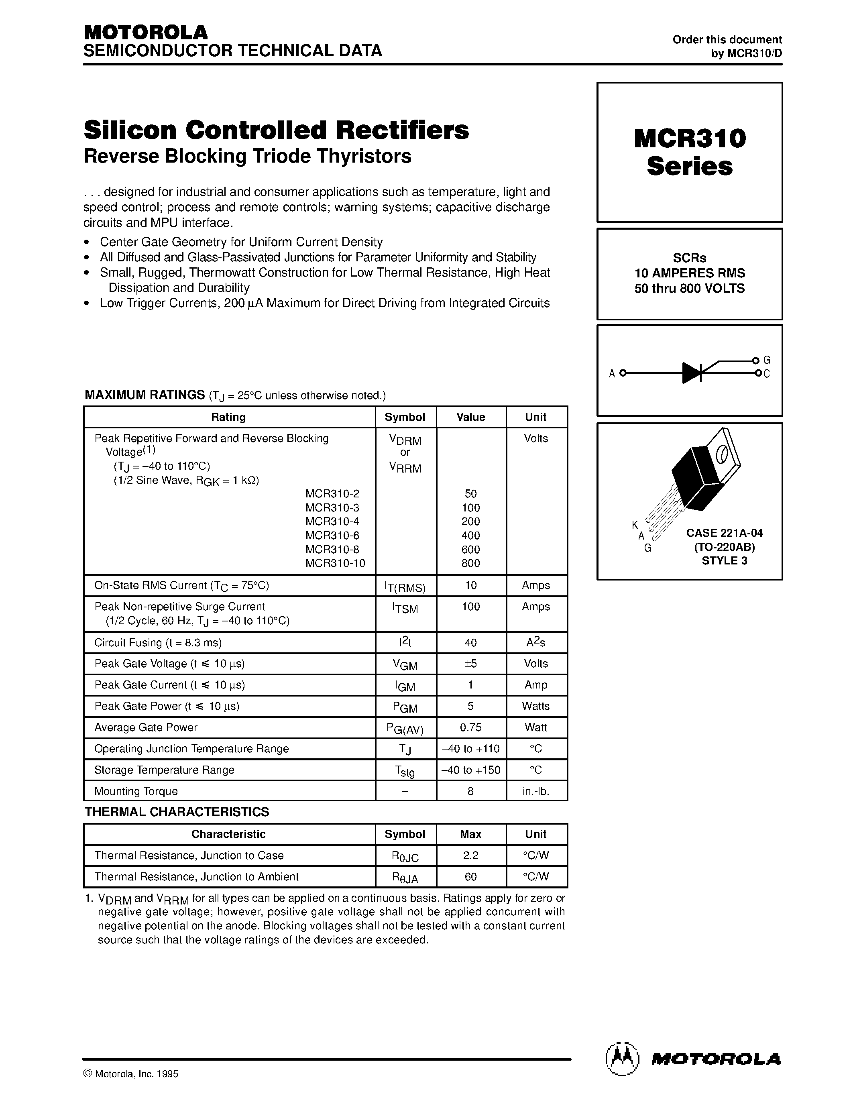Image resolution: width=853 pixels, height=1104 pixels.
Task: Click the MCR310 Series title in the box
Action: point(689,152)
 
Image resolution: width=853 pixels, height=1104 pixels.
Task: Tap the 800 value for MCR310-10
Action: point(470,563)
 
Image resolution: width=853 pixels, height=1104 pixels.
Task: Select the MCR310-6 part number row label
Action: point(332,535)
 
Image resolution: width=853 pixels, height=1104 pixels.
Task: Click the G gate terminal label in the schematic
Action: point(767,361)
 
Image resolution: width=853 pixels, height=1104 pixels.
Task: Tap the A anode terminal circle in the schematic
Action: point(623,374)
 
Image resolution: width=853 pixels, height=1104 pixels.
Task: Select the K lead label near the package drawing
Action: point(635,525)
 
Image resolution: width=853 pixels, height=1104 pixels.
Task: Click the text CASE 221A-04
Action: point(724,533)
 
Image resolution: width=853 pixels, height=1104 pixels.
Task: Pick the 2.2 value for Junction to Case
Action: point(470,855)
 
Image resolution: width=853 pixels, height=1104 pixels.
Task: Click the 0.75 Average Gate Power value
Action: point(470,727)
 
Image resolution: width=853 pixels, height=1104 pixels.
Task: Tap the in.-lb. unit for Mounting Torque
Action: point(535,791)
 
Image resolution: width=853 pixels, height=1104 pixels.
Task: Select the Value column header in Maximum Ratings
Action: point(470,417)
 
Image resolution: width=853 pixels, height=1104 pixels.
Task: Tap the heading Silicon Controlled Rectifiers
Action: point(276,130)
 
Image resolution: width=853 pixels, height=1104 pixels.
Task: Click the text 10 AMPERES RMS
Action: point(689,273)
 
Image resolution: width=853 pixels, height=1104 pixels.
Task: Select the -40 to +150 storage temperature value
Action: point(470,770)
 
